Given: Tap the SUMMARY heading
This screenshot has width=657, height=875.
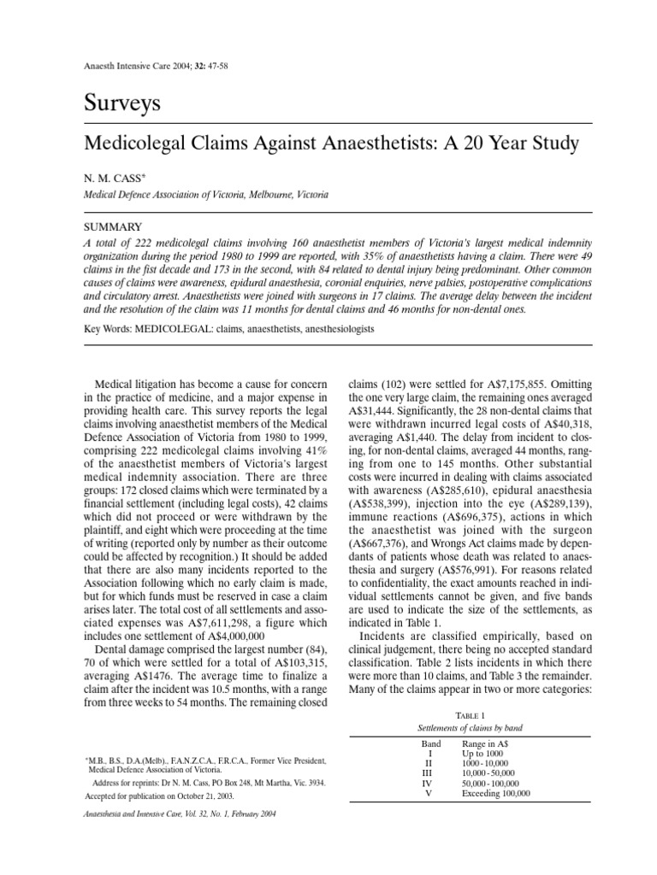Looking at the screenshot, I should click(112, 227).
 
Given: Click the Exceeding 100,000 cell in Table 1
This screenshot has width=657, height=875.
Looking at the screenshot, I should click(496, 793).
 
